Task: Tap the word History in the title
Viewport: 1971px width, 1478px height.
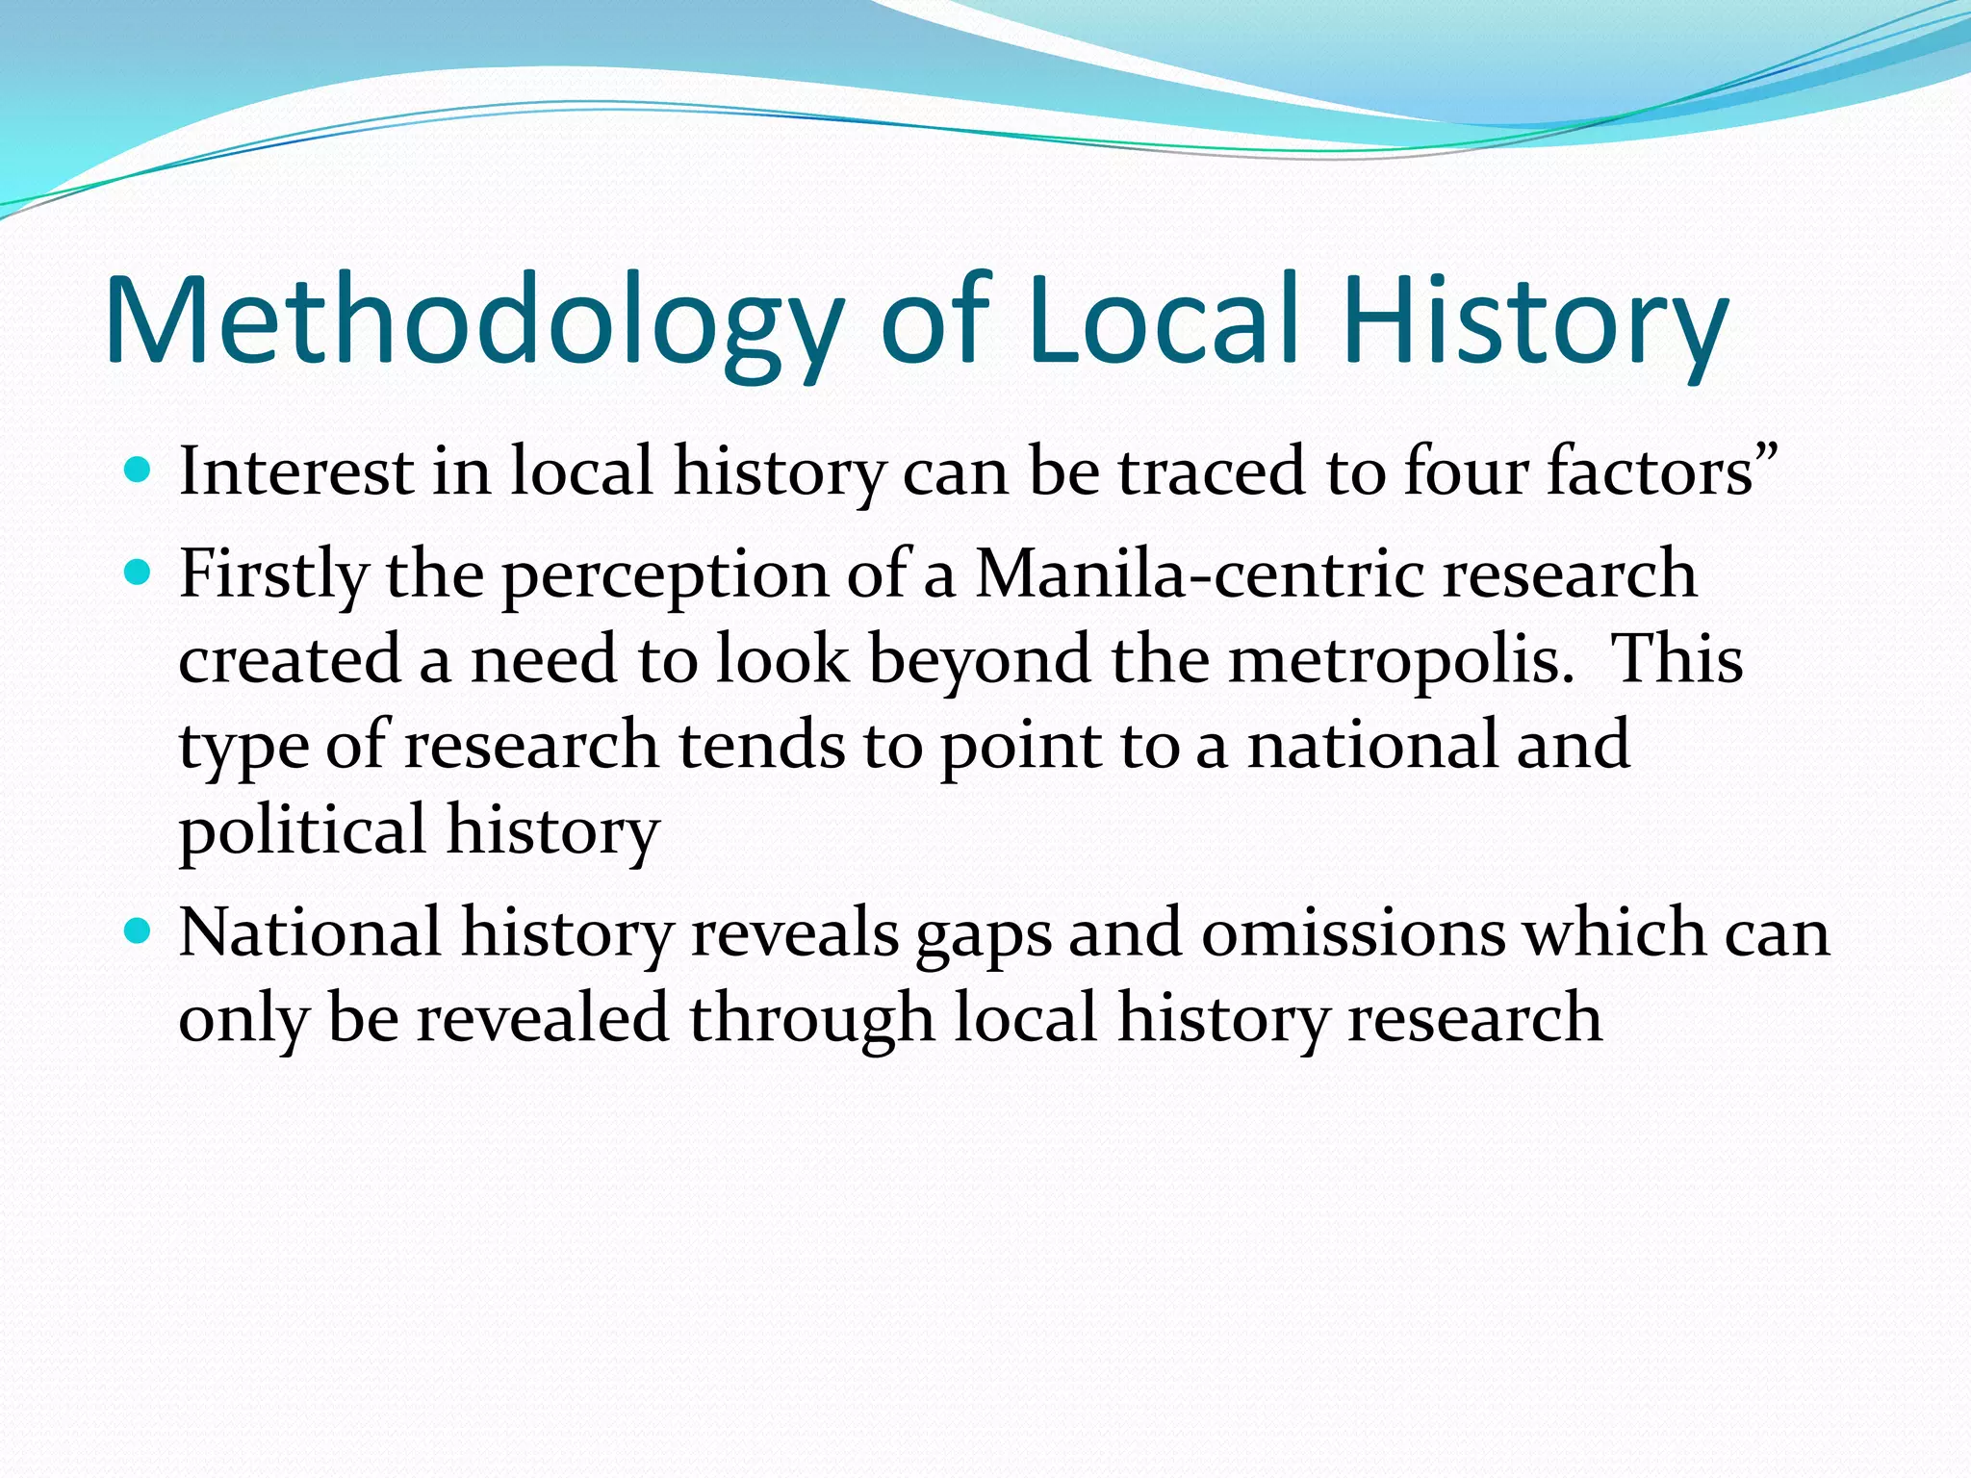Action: click(x=1534, y=322)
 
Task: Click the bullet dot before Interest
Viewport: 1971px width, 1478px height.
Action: click(x=139, y=471)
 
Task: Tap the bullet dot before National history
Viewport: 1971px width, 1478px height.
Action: click(x=139, y=932)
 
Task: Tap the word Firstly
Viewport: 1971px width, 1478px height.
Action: click(x=273, y=575)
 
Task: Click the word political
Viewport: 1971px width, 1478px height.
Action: click(x=302, y=830)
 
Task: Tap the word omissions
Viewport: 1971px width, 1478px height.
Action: click(x=1353, y=933)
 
